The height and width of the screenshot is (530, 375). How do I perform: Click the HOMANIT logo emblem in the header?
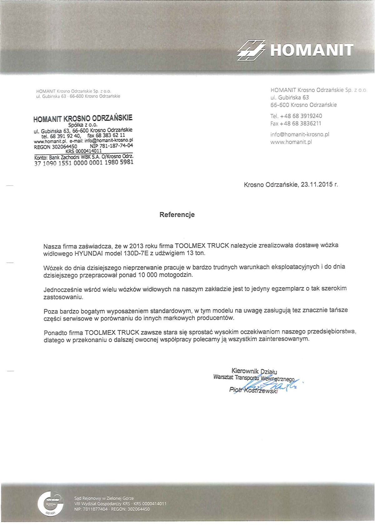(251, 50)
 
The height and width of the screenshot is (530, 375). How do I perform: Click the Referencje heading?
(177, 215)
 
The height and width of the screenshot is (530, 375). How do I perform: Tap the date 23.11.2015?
(317, 185)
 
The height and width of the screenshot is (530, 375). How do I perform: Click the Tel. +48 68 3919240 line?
(296, 116)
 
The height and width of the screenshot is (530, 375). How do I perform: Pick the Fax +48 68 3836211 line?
(296, 123)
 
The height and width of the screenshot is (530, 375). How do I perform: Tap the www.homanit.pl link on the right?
(291, 142)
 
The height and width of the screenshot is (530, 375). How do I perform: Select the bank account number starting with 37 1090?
(84, 162)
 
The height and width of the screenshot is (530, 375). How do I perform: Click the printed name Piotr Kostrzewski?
(253, 390)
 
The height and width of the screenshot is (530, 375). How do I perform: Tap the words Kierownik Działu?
(254, 371)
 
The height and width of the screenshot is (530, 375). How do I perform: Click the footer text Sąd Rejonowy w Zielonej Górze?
(104, 498)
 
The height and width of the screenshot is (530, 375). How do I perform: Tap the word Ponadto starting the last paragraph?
(55, 333)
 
